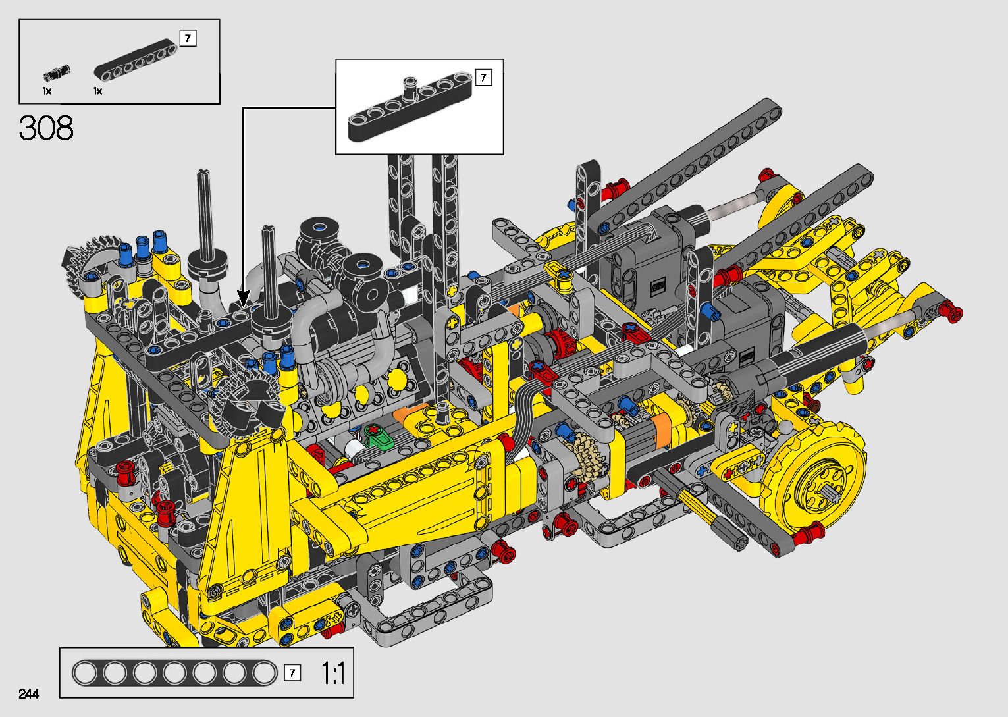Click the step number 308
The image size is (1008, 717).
click(x=46, y=128)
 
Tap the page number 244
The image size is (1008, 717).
click(x=29, y=693)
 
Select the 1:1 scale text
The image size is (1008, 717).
click(x=333, y=674)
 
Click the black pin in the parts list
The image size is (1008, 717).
click(x=57, y=73)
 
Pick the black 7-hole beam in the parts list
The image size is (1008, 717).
click(x=136, y=61)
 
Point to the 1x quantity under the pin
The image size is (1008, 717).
click(x=47, y=91)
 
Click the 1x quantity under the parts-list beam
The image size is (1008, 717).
click(x=97, y=91)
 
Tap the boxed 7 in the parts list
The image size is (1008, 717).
click(x=188, y=38)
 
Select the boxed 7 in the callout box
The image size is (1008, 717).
click(x=484, y=78)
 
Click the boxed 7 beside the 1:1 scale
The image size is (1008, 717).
click(x=292, y=673)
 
